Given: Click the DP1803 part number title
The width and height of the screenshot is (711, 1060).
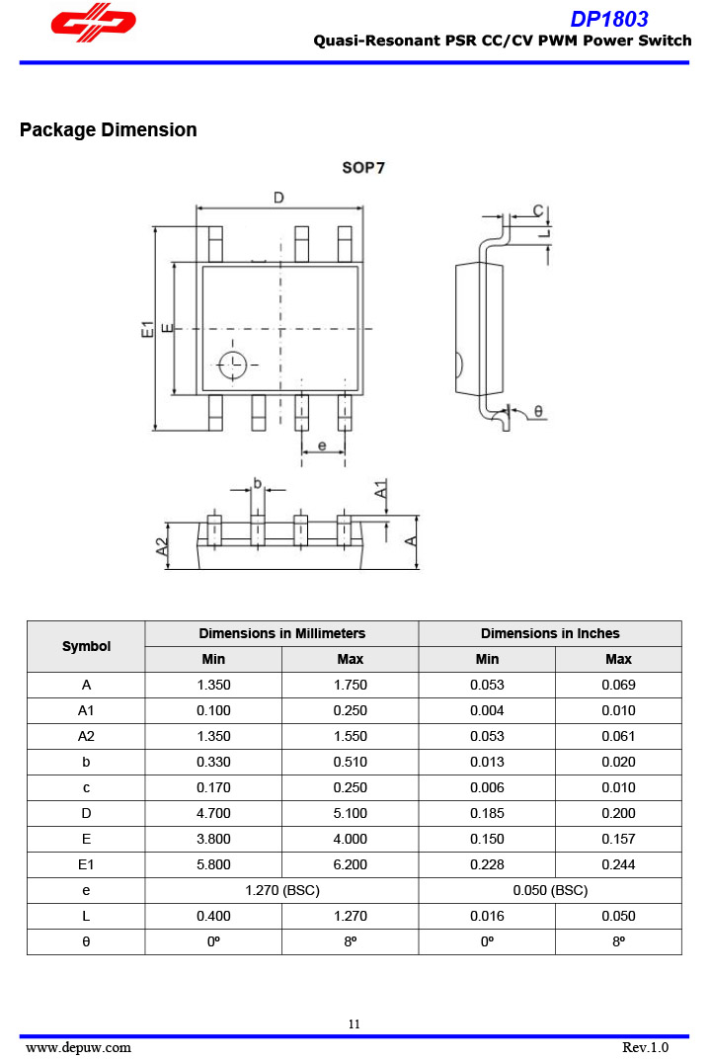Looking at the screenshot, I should point(609,19).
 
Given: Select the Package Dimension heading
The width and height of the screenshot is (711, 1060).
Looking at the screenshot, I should point(108,130).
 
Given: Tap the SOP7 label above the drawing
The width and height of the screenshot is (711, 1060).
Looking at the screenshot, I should point(363,168).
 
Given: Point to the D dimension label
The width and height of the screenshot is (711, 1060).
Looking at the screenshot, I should point(278,198).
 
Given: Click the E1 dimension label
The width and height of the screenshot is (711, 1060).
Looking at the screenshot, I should point(146,330).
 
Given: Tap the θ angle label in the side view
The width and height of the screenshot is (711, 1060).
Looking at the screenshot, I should point(538,411).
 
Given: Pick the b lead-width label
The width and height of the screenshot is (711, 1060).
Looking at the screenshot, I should point(257,483).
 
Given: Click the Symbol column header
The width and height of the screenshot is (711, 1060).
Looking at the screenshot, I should point(86,646).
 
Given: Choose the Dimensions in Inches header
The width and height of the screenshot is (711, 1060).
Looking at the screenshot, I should point(550,633).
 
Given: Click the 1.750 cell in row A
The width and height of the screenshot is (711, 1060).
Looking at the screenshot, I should point(350,685).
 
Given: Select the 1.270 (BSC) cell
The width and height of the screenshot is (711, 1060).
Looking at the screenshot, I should point(281,890).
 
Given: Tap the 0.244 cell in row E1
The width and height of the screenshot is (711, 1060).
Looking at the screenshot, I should point(618,864).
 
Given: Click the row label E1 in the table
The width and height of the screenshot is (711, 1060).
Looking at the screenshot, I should point(86,864).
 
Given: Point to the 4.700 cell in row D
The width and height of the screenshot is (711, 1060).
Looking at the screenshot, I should point(213,813).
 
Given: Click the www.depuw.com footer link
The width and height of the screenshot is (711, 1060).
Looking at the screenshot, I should point(78,1047).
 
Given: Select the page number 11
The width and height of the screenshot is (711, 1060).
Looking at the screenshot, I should point(354,1024).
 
